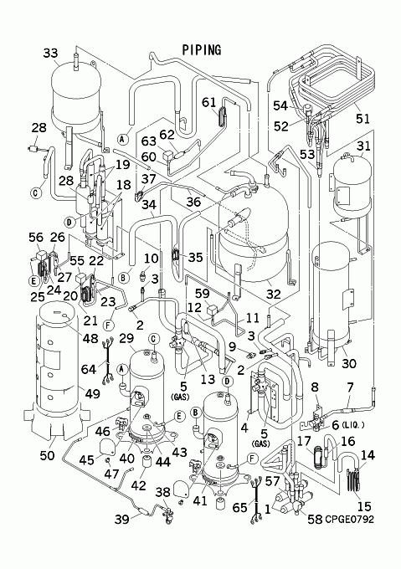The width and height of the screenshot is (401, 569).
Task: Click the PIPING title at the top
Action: click(202, 50)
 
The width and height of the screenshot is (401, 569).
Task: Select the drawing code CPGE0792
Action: click(349, 520)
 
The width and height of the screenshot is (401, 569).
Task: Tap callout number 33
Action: click(50, 53)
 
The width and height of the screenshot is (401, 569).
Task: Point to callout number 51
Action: click(362, 118)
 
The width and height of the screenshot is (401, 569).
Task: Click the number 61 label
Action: click(209, 103)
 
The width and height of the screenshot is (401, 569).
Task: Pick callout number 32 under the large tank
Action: click(274, 294)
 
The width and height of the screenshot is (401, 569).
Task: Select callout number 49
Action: click(92, 392)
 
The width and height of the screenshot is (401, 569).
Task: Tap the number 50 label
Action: click(47, 455)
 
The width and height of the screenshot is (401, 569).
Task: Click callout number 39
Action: click(122, 520)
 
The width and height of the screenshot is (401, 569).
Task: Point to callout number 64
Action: click(89, 369)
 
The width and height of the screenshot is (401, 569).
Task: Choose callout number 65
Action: click(239, 507)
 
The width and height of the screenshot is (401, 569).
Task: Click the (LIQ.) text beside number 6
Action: click(352, 425)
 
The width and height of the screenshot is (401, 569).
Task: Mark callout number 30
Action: click(349, 363)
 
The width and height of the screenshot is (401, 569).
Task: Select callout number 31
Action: click(363, 146)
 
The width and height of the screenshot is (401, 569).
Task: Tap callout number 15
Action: click(364, 506)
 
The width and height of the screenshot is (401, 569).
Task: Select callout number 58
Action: click(315, 520)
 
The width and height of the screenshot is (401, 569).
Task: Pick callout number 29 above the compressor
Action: click(126, 339)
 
